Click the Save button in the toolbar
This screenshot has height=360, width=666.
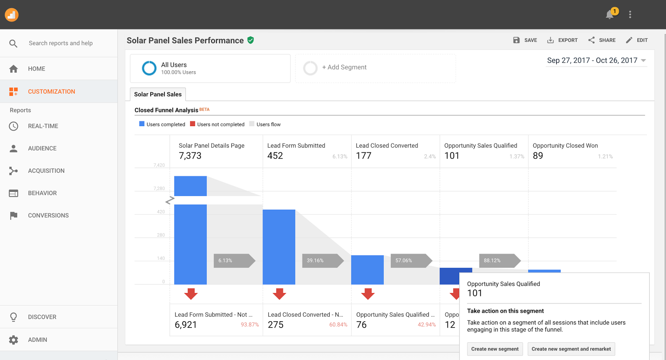[x=525, y=40]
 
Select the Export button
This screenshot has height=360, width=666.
[x=562, y=40]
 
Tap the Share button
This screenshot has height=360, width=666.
[x=602, y=40]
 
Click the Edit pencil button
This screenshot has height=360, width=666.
[x=636, y=40]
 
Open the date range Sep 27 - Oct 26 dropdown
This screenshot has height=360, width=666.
[x=596, y=61]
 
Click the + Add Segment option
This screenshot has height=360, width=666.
[x=344, y=67]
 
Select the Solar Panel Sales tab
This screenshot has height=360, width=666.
[x=158, y=94]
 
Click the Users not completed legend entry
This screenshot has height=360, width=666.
[x=217, y=124]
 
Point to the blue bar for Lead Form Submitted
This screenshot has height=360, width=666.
[x=279, y=247]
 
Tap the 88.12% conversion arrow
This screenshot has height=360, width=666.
[x=498, y=261]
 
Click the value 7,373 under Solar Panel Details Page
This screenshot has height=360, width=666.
[x=190, y=156]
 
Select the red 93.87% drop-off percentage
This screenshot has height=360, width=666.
[x=250, y=325]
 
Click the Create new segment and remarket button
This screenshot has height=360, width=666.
[x=571, y=349]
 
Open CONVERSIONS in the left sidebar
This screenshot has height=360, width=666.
[x=48, y=216]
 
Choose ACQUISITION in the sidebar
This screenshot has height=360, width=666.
[x=46, y=171]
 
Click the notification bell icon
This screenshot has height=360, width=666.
[x=609, y=15]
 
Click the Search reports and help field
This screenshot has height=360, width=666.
[x=61, y=43]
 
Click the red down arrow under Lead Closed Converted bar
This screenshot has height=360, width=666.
[x=368, y=294]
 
